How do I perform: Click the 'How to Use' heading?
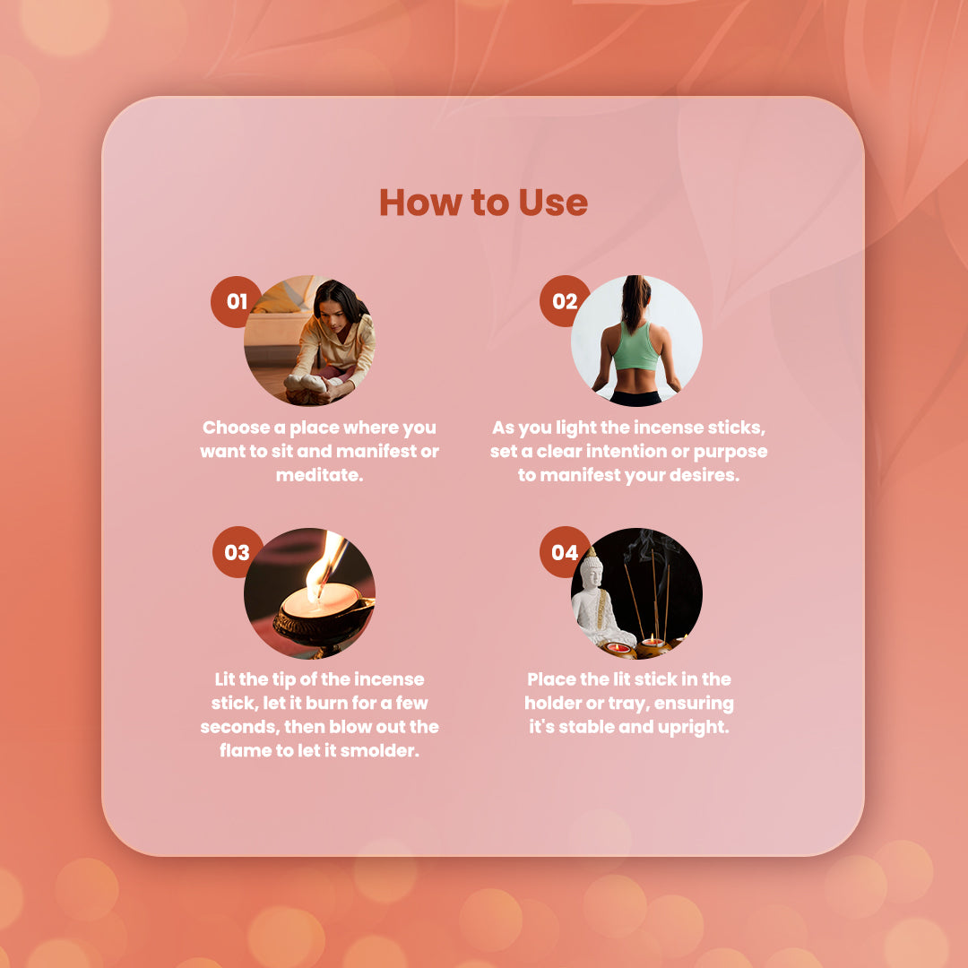click(x=483, y=203)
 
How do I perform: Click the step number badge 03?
click(x=236, y=552)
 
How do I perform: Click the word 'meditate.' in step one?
click(x=319, y=475)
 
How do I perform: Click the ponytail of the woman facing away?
click(x=635, y=303)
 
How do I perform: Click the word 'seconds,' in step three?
click(x=239, y=727)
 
